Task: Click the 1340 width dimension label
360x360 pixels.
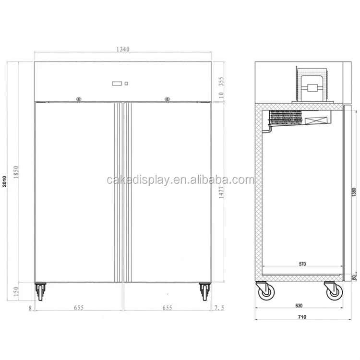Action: coord(123,49)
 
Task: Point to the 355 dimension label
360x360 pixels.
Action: coord(220,81)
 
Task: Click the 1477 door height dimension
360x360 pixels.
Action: coord(220,196)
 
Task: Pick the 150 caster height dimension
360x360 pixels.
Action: coord(16,291)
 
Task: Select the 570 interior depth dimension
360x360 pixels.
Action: coord(302,264)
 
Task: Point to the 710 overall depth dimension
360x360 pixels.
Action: coord(301,317)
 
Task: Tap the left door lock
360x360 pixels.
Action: coord(79,99)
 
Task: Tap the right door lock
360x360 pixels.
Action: coord(167,99)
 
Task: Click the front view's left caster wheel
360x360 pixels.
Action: coord(40,291)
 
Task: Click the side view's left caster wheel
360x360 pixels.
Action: coord(264,291)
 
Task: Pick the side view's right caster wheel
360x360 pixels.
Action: coord(333,291)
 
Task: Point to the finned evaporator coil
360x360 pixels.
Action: coord(286,118)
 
